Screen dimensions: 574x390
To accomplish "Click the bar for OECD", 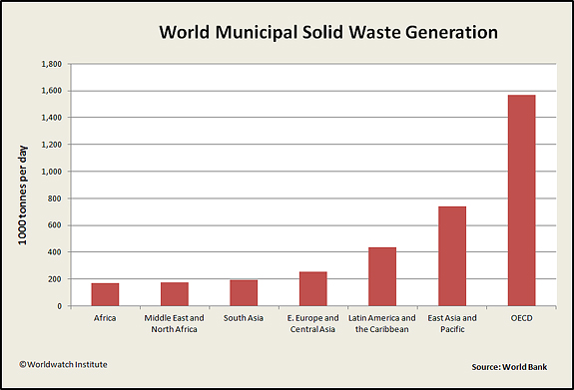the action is coord(522,200).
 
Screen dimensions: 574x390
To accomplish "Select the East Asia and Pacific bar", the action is coord(452,256).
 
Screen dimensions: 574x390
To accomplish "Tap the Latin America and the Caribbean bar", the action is coord(382,276).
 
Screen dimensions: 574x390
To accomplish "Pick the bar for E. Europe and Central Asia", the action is coord(313,288).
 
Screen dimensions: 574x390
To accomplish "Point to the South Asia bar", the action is coord(244,292).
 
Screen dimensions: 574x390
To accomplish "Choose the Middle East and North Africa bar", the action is coord(175,294).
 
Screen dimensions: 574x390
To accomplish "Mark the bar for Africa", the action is coord(105,294).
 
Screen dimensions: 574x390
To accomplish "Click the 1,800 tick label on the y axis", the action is coord(52,64).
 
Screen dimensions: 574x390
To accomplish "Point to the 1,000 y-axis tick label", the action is coord(52,172).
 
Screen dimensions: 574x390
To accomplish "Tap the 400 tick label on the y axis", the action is coord(55,252).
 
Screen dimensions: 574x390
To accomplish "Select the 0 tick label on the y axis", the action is coord(59,306).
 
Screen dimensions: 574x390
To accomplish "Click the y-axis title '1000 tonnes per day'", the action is coord(23,195).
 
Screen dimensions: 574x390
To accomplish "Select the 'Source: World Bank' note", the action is coord(509,367).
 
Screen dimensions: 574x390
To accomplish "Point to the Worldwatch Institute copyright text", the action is coord(63,364).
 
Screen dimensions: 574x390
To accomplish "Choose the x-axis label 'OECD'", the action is coord(522,318).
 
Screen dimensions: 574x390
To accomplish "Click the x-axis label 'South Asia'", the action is coord(244,318).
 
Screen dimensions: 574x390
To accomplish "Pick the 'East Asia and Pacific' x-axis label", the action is coord(452,323).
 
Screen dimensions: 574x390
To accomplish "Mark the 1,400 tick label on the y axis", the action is coord(52,118).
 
